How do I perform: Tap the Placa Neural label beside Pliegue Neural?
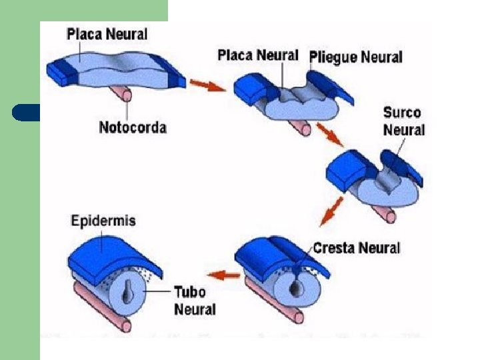[257, 55]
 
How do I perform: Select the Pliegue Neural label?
[356, 57]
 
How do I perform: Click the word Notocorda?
[133, 127]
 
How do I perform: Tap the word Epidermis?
[103, 221]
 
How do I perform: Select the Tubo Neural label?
[195, 301]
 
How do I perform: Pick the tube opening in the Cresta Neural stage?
[297, 287]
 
